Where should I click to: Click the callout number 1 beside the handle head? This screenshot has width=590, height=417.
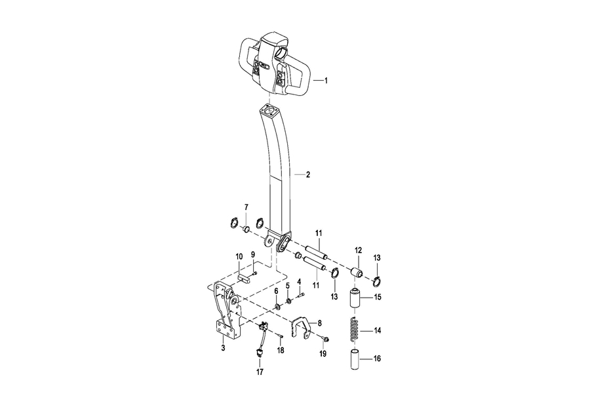[326, 81]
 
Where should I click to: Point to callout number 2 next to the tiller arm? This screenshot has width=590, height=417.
[308, 174]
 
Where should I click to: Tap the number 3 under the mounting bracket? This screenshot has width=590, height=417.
[223, 348]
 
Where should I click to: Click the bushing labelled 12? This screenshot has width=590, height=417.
[357, 272]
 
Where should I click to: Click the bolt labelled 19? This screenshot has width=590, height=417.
[326, 340]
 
